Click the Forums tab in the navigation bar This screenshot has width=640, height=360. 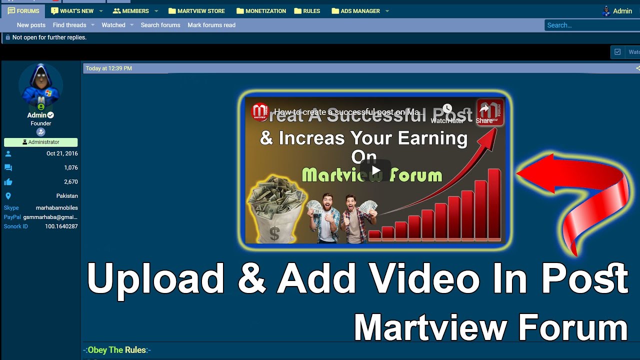tap(23, 11)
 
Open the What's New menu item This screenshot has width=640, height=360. tap(72, 11)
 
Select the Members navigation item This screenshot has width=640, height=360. tap(131, 11)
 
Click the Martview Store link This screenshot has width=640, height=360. tap(196, 11)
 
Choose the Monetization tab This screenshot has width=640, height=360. tap(261, 11)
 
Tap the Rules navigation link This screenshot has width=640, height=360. tap(307, 11)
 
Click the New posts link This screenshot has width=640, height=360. tap(31, 25)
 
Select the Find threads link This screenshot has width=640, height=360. tap(69, 25)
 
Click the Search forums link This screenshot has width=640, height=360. tap(160, 25)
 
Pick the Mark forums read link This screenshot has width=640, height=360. tap(211, 25)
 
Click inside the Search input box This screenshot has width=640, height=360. tap(590, 25)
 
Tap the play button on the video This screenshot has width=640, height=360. tap(375, 171)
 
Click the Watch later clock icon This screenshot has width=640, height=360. tap(447, 109)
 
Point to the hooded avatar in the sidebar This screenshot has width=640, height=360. tap(40, 85)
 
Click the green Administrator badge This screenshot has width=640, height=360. tap(41, 142)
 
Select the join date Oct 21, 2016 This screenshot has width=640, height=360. tap(62, 153)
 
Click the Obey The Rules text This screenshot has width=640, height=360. tap(117, 350)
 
